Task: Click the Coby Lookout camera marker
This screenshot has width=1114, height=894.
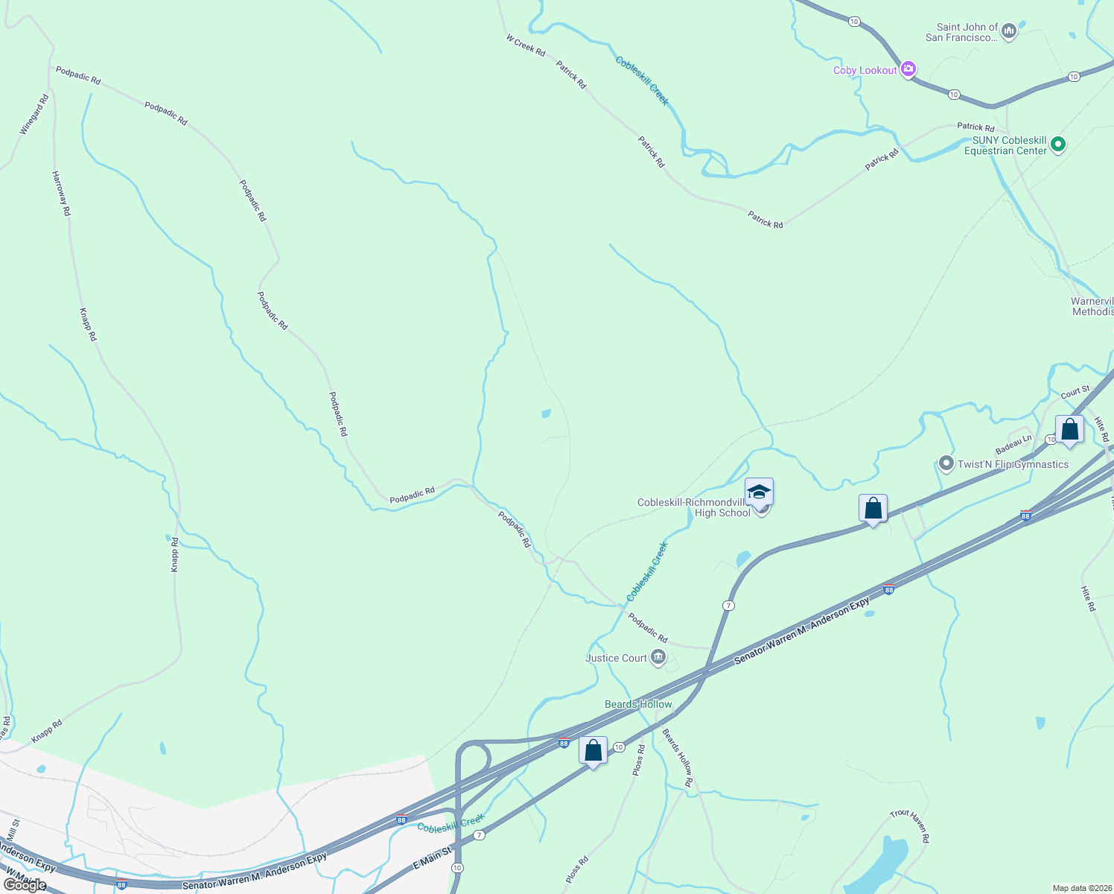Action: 908,69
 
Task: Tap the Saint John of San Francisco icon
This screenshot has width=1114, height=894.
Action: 1009,31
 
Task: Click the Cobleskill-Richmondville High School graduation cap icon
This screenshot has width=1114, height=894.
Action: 759,492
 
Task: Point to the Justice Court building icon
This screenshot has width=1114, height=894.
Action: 658,657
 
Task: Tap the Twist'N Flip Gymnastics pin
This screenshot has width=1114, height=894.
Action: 946,464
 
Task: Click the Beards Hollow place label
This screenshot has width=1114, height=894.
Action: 638,704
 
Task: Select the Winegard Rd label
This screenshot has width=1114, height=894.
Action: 34,114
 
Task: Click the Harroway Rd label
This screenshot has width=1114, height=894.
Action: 61,193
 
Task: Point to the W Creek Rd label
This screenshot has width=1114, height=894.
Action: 526,45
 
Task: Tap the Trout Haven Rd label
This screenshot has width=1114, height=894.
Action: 911,826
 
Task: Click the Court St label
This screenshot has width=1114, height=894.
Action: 1075,392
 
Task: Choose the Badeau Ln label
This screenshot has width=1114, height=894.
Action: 1013,445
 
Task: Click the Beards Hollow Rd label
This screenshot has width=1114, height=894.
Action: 678,758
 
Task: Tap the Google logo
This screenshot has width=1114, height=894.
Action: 25,885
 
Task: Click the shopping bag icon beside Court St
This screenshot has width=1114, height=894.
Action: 1069,430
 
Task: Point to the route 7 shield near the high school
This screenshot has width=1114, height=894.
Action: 728,606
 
